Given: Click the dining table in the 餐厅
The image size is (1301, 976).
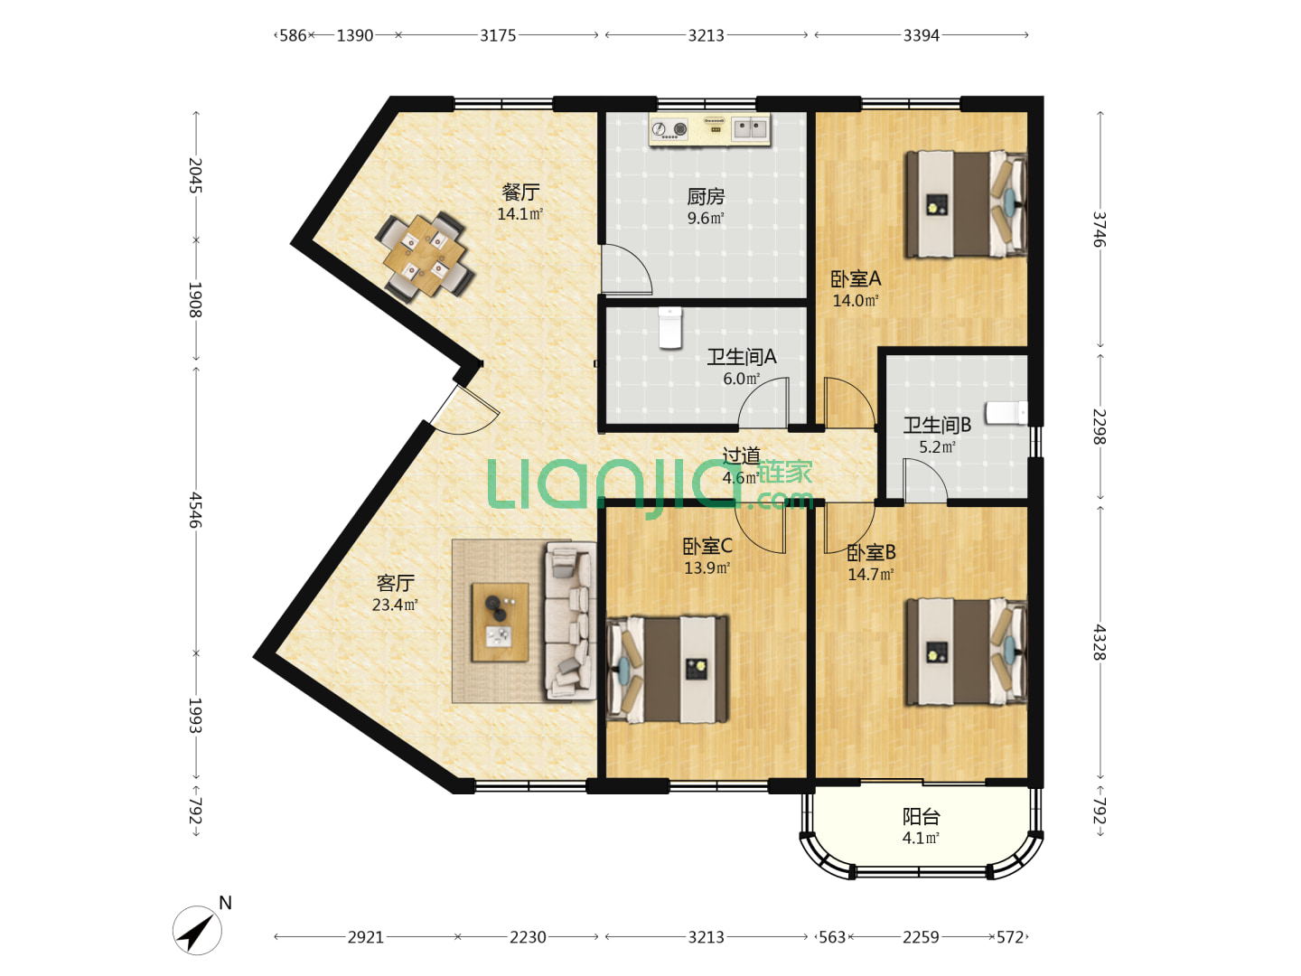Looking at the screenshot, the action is click(x=424, y=256).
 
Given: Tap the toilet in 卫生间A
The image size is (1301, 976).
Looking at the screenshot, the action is click(x=670, y=328).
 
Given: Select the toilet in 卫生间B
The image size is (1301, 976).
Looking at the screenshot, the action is click(x=1006, y=413).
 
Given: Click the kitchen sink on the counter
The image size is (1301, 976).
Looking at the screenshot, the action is click(x=751, y=128).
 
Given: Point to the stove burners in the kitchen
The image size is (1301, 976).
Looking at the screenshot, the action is click(x=669, y=129).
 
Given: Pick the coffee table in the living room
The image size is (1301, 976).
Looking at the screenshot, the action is click(x=500, y=622).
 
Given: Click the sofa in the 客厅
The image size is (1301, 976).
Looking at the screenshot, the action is click(x=571, y=621).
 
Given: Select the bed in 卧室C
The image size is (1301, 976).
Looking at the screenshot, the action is click(x=667, y=669).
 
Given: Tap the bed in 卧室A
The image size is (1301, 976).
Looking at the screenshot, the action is click(x=966, y=204).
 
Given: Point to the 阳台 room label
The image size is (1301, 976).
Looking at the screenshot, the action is click(x=921, y=817).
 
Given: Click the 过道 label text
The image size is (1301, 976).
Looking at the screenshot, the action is click(x=741, y=455).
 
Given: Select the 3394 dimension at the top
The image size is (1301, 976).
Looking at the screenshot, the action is click(x=921, y=35).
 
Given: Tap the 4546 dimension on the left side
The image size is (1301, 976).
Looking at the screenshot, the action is click(x=195, y=510).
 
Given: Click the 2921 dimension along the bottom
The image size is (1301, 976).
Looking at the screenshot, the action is click(x=366, y=937).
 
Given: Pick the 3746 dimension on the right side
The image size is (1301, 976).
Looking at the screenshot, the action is click(x=1100, y=230).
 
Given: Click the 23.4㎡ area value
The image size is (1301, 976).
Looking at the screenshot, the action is click(x=395, y=605).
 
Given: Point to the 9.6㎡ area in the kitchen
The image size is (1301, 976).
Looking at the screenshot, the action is click(x=706, y=218).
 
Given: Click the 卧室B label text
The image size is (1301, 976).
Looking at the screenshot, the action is click(x=871, y=552).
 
